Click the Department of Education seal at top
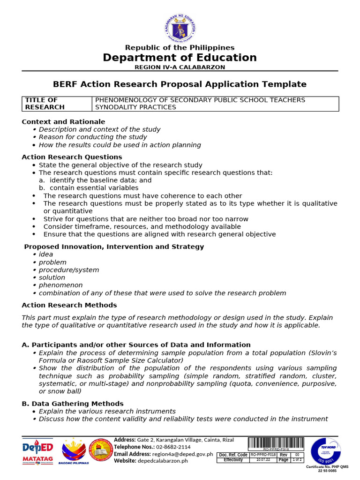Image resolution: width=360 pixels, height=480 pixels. click(x=180, y=27)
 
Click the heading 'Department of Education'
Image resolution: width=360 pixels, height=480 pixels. click(x=180, y=58)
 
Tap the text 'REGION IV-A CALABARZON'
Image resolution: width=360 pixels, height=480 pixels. click(x=180, y=67)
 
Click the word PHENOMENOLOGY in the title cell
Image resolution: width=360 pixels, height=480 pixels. click(x=122, y=100)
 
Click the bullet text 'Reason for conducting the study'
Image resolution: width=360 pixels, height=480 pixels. click(x=93, y=137)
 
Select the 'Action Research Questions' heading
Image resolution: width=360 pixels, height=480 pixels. click(x=72, y=157)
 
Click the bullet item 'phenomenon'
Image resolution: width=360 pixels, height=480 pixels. click(x=60, y=285)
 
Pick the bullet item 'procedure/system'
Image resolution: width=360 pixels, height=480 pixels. click(x=69, y=270)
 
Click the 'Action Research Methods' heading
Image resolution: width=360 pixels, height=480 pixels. click(x=69, y=305)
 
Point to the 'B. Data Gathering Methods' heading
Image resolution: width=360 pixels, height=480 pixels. click(x=73, y=404)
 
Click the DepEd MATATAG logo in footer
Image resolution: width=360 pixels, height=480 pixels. click(x=37, y=451)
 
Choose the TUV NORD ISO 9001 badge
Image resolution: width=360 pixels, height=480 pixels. click(x=325, y=451)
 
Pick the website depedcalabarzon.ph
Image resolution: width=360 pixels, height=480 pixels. click(x=162, y=461)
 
